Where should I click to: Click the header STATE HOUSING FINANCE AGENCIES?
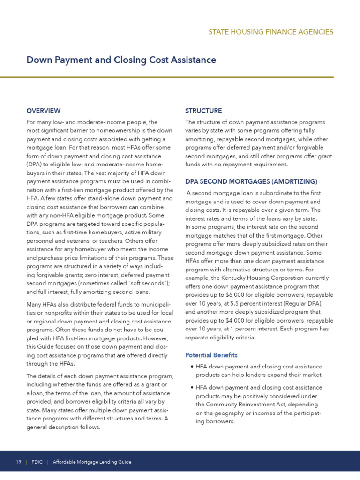[x=270, y=32]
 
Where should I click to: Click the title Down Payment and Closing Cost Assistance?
[x=121, y=60]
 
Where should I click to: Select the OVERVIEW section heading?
[x=43, y=111]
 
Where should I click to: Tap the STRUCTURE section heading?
[x=203, y=111]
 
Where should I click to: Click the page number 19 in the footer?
[x=19, y=462]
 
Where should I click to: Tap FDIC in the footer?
[x=37, y=462]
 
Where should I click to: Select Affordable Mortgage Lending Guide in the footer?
[x=92, y=462]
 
